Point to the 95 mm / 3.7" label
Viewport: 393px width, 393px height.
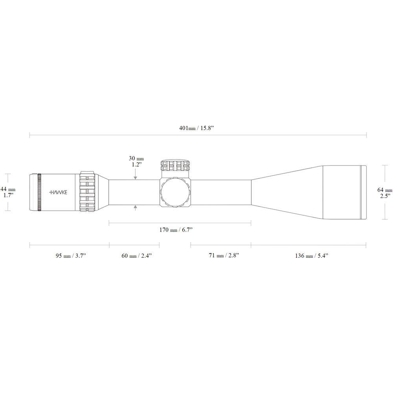click(71, 256)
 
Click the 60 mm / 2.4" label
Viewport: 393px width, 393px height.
click(136, 256)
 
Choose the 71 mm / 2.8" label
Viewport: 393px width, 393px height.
click(224, 256)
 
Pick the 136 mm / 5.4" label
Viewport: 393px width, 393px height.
click(312, 256)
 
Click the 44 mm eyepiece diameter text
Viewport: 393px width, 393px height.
click(8, 189)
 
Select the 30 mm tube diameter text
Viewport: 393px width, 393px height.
click(136, 158)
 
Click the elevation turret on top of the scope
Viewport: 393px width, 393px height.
click(175, 165)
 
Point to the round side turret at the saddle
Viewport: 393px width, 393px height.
click(175, 192)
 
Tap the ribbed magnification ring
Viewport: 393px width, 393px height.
click(87, 192)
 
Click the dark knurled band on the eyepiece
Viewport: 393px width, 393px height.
click(39, 192)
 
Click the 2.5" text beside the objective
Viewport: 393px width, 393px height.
click(385, 196)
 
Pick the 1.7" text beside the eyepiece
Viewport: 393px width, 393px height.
click(8, 195)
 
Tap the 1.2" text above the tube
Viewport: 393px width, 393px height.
click(136, 165)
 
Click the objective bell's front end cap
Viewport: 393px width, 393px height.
click(364, 192)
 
